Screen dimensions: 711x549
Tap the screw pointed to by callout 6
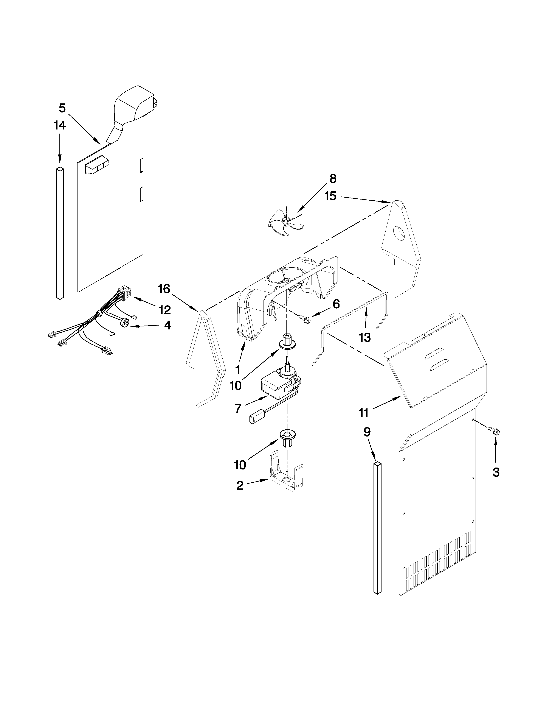pos(305,319)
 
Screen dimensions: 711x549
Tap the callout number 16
pos(164,288)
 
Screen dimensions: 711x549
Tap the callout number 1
pos(238,370)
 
